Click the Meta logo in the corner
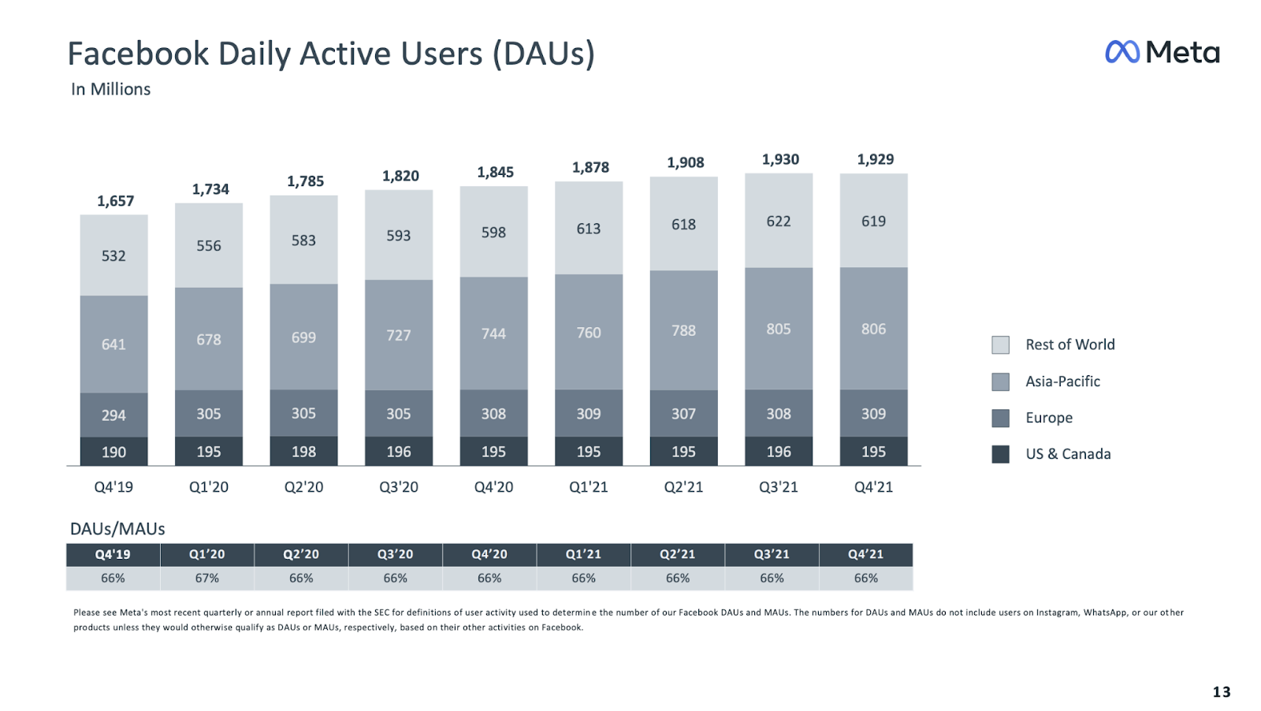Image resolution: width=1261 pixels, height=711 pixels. pyautogui.click(x=1162, y=52)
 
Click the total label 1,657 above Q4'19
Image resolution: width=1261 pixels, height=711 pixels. pyautogui.click(x=115, y=201)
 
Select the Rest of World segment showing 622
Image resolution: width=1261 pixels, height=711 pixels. pyautogui.click(x=779, y=221)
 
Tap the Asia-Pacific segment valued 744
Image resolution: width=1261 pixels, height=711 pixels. pyautogui.click(x=493, y=333)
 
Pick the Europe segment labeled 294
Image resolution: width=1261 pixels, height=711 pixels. pyautogui.click(x=113, y=415)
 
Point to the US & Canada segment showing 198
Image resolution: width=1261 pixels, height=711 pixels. pyautogui.click(x=303, y=452)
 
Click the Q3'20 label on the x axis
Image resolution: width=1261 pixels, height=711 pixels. pyautogui.click(x=399, y=487)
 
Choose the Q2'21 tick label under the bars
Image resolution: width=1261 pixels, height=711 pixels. pyautogui.click(x=683, y=487)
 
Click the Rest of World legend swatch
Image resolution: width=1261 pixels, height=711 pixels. pyautogui.click(x=1000, y=344)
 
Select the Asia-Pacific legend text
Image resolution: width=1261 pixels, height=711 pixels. pyautogui.click(x=1062, y=382)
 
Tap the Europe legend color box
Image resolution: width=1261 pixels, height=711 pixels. pyautogui.click(x=1000, y=418)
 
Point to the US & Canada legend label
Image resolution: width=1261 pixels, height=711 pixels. pyautogui.click(x=1068, y=454)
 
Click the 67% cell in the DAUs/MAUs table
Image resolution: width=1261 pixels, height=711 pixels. pyautogui.click(x=207, y=579)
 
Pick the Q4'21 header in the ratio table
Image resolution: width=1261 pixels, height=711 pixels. pyautogui.click(x=865, y=555)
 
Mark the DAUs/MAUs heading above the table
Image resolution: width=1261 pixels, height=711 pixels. pyautogui.click(x=117, y=529)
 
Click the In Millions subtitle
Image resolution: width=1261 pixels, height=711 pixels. pyautogui.click(x=110, y=89)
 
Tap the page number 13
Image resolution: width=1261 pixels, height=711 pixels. pyautogui.click(x=1221, y=692)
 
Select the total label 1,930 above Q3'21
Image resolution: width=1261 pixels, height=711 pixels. pyautogui.click(x=780, y=159)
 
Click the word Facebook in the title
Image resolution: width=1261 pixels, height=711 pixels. pyautogui.click(x=138, y=54)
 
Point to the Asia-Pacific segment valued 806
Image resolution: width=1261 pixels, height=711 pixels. pyautogui.click(x=873, y=329)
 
